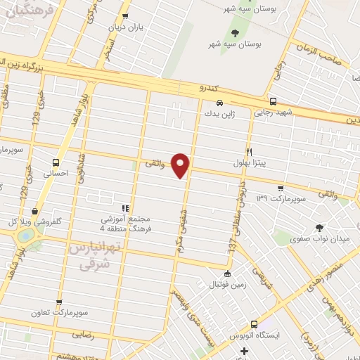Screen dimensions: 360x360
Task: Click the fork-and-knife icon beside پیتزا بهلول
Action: pyautogui.click(x=249, y=152)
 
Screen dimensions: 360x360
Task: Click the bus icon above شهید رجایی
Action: pyautogui.click(x=273, y=101)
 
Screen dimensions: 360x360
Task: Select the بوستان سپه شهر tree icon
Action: pyautogui.click(x=235, y=32)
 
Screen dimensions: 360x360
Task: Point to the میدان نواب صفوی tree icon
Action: pyautogui.click(x=320, y=227)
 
